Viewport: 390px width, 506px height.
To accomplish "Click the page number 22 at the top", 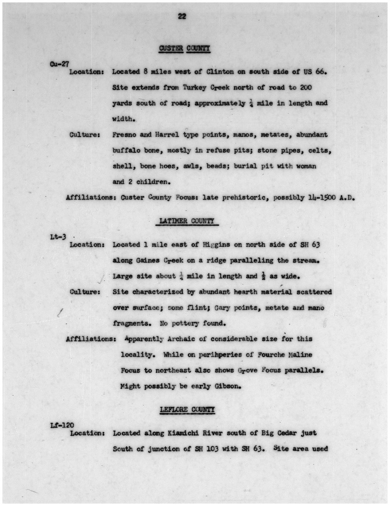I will tap(182, 16).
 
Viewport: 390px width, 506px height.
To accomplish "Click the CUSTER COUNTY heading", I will tap(184, 48).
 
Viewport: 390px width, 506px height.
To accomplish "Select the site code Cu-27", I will tap(59, 64).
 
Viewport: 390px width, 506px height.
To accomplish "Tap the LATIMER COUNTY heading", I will tap(187, 221).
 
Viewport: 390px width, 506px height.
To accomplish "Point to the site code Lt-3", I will tap(58, 236).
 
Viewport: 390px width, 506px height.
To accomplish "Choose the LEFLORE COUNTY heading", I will tap(187, 410).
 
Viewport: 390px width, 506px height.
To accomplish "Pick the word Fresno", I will tap(124, 135).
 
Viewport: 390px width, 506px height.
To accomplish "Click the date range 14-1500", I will tap(322, 198).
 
